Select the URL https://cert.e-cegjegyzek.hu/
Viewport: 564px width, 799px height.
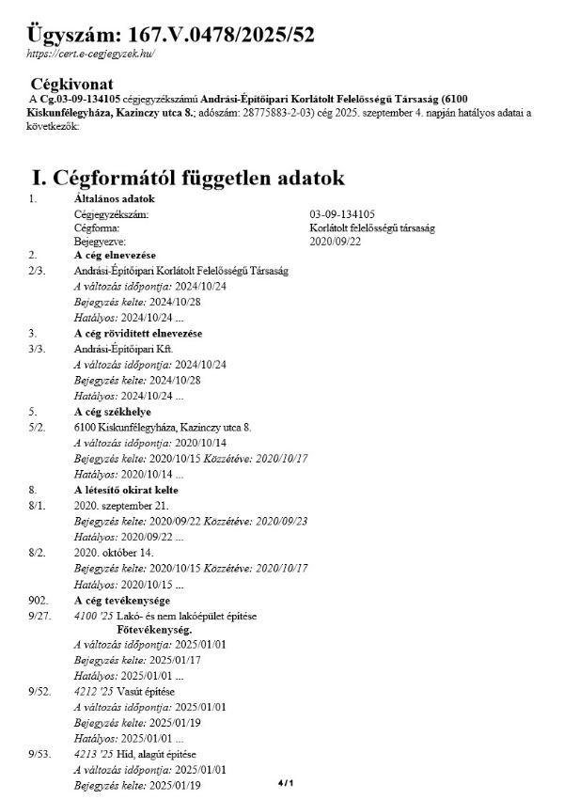[90, 55]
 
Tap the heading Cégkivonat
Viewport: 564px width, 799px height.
[73, 84]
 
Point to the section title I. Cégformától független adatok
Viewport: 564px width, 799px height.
[188, 177]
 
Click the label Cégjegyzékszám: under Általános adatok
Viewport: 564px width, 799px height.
[112, 215]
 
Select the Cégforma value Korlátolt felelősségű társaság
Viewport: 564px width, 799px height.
[372, 228]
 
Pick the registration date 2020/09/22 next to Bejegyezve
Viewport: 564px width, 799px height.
[336, 242]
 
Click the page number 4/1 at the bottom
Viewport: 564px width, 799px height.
[286, 782]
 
